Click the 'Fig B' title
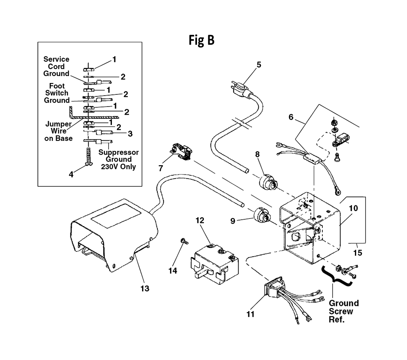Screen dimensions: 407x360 [x=201, y=40]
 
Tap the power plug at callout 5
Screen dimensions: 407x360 [x=240, y=89]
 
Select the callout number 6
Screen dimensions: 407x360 [x=291, y=117]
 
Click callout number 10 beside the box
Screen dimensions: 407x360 [x=353, y=208]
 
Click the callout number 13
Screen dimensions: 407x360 [x=145, y=288]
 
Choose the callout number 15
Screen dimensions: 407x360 [x=357, y=253]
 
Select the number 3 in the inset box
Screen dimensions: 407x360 [x=130, y=134]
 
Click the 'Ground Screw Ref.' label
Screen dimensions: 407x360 [x=344, y=311]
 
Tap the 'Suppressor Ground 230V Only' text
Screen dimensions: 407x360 [x=118, y=159]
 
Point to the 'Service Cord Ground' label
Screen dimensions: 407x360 [x=56, y=66]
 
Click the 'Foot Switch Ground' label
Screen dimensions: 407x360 [x=57, y=93]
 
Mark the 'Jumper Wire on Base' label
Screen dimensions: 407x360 [x=58, y=131]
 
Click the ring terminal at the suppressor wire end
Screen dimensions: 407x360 [x=337, y=192]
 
